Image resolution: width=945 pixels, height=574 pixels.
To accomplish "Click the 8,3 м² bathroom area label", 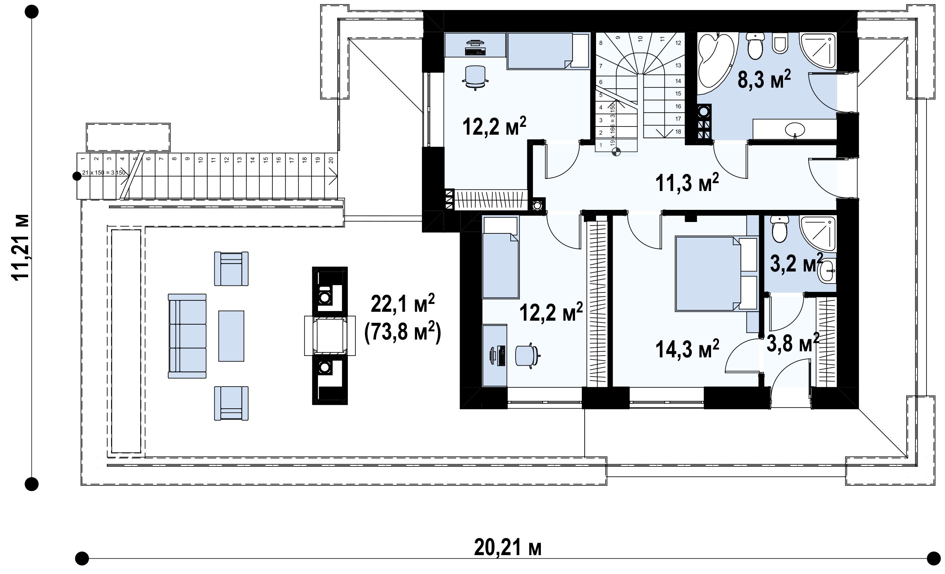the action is coord(764,80).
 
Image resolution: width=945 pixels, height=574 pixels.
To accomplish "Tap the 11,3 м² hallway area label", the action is coord(687,182).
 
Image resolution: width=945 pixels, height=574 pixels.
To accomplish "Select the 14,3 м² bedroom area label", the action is coord(687,348).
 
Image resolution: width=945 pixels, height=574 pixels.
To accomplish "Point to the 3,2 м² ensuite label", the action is coord(797,263).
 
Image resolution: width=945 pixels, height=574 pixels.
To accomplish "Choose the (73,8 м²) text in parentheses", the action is coord(403,331).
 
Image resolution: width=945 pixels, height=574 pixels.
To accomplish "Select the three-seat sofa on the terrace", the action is coord(187,336).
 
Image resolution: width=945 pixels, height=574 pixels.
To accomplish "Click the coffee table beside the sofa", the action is coord(231,336).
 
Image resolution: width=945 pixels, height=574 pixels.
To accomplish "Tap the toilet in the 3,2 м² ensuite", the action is coord(779,229).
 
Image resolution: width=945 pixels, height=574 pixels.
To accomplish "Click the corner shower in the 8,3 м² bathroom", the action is coord(818,52).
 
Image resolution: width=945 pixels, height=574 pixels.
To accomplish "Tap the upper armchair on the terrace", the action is coord(231,269).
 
